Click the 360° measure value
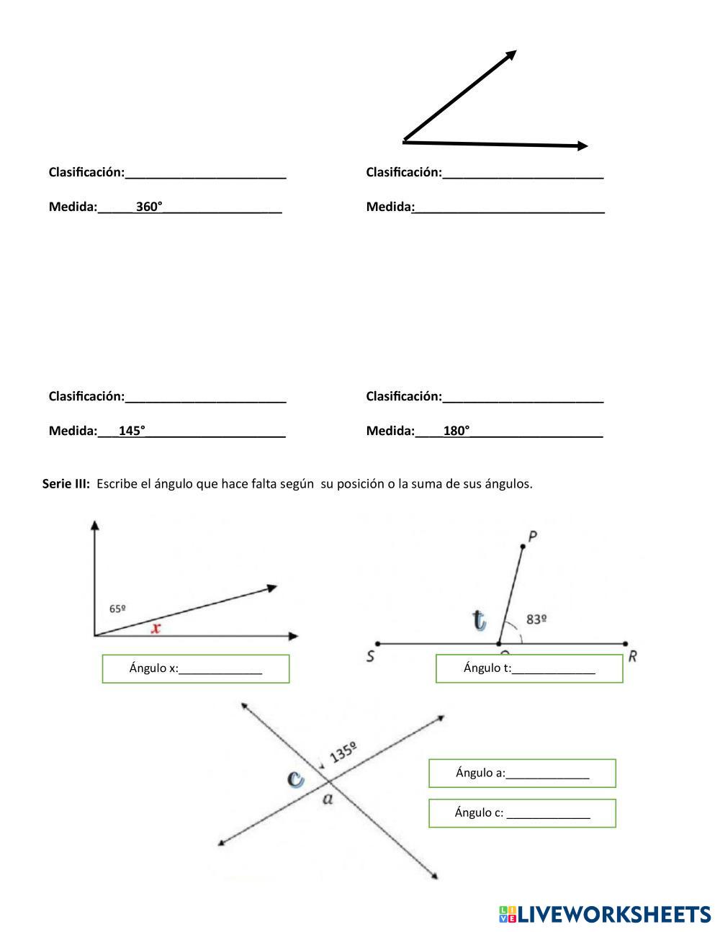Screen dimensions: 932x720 coord(149,207)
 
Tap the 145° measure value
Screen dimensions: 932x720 coord(132,431)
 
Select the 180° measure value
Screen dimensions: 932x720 coord(456,431)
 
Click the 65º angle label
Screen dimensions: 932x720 coord(118,609)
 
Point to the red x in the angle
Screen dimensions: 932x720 coord(156,628)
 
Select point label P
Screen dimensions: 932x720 coord(533,536)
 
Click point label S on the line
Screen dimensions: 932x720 coord(370,656)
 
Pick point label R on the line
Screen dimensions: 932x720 coord(631,656)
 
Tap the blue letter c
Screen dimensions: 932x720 coord(295,779)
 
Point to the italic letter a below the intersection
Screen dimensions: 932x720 coord(328,799)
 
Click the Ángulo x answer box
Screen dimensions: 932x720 coord(196,668)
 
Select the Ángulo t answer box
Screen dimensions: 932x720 coord(529,668)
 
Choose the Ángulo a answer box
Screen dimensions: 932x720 coord(522,774)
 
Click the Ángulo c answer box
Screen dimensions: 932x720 coord(522,813)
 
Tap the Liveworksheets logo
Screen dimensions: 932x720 coord(604,914)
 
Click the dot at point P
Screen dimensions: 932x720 coord(523,547)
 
